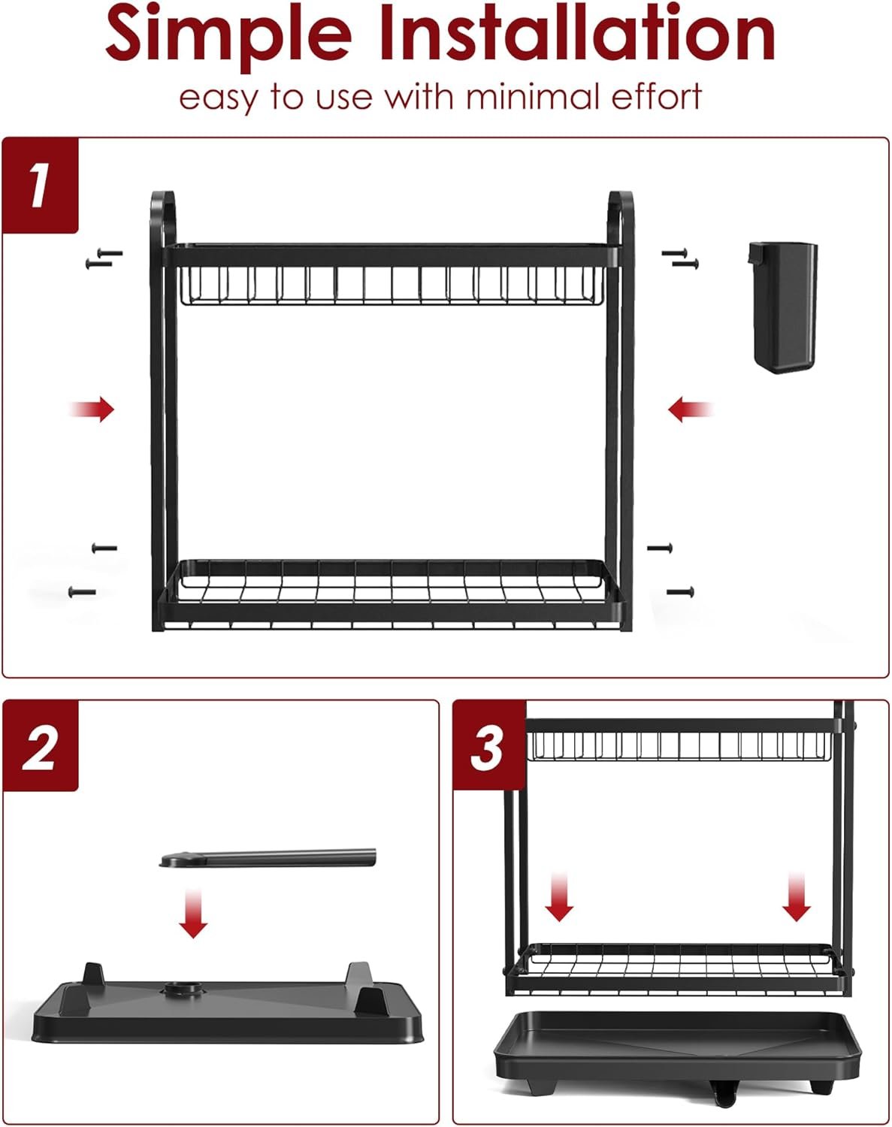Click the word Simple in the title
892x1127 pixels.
click(228, 34)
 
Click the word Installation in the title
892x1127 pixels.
click(577, 34)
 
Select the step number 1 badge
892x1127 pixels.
click(40, 186)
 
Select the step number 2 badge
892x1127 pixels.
click(40, 747)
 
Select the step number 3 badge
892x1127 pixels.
click(488, 747)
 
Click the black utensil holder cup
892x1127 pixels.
click(783, 308)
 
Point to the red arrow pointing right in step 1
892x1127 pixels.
click(93, 409)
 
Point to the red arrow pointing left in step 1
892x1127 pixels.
click(689, 410)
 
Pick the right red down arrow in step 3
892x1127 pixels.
click(797, 897)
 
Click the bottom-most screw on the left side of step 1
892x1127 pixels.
click(82, 592)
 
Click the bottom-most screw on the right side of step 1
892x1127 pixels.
click(680, 592)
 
